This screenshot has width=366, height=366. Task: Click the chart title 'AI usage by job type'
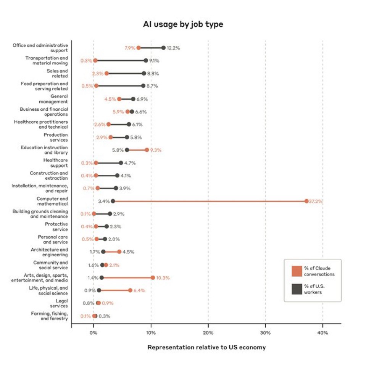pos(183,24)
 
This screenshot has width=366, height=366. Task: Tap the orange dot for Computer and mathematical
pos(306,201)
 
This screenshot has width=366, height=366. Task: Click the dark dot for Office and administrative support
pos(163,48)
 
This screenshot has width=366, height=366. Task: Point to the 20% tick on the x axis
pos(208,333)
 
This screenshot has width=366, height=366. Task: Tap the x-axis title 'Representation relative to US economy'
pos(206,347)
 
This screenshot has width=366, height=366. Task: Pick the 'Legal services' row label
pos(58,303)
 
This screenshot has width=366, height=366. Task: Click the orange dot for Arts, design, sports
pos(153,277)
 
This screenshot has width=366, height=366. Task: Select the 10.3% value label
pos(163,277)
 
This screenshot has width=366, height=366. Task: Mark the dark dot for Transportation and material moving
pos(146,60)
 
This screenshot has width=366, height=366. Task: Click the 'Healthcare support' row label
pos(56,163)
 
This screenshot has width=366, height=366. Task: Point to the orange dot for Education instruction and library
pos(147,150)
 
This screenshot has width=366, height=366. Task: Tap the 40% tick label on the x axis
pos(322,333)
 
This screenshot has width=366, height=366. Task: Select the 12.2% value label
pos(173,48)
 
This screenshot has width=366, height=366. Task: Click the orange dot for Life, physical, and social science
pos(130,290)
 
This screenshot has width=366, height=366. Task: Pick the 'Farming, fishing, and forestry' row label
pos(50,316)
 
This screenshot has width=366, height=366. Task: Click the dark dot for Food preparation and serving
pos(143,86)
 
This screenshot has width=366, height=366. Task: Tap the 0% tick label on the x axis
pos(94,333)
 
